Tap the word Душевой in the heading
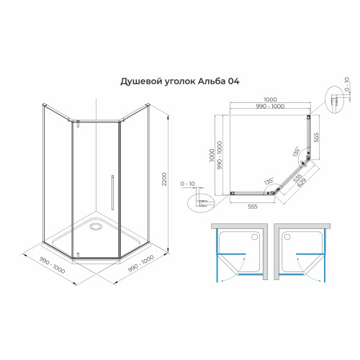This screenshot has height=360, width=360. [139, 82]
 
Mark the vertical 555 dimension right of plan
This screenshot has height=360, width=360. [318, 137]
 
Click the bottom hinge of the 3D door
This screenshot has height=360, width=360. [75, 257]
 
